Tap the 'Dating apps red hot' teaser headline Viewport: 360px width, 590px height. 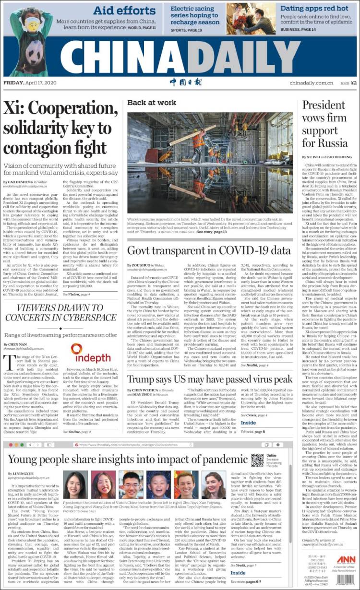pyautogui.click(x=321, y=9)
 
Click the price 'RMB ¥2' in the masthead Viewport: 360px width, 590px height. pyautogui.click(x=348, y=83)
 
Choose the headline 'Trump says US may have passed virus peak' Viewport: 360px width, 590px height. pyautogui.click(x=210, y=379)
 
